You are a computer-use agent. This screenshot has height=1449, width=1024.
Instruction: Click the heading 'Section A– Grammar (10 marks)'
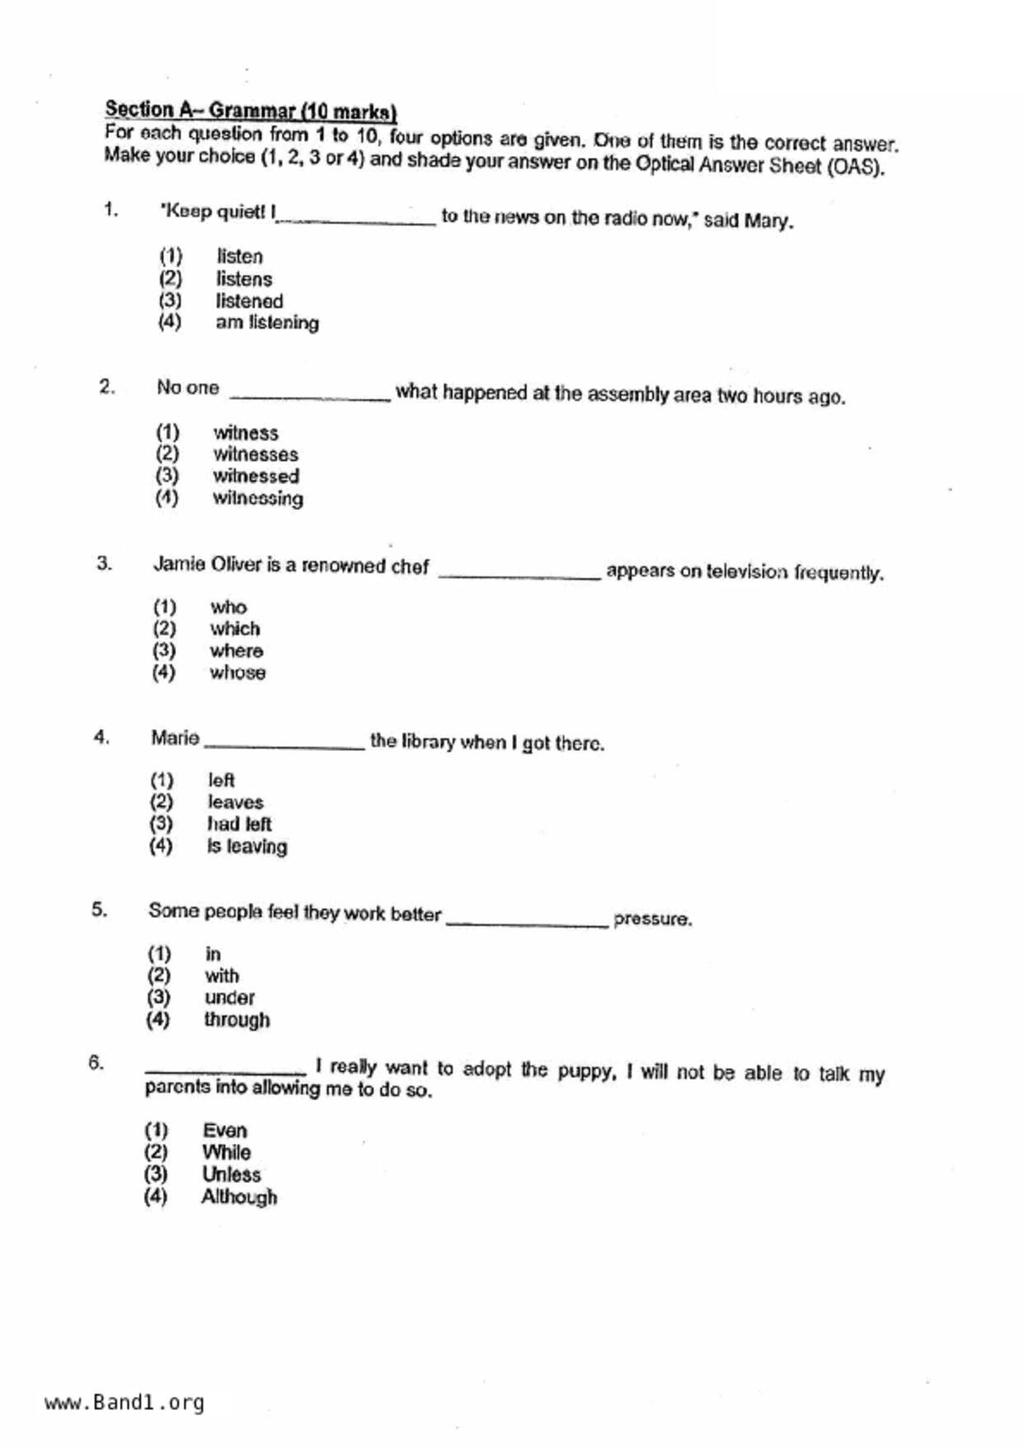(x=250, y=111)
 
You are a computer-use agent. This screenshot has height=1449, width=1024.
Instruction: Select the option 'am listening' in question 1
(x=267, y=323)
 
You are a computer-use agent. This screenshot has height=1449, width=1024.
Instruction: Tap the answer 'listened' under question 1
(x=249, y=302)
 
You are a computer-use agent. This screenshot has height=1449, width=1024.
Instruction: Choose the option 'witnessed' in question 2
(x=255, y=477)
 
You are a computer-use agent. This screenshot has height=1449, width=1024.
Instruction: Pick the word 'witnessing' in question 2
(x=257, y=499)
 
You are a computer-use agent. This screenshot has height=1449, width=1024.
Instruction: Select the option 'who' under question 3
(x=228, y=608)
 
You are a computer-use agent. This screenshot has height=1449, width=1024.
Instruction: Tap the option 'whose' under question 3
(x=237, y=673)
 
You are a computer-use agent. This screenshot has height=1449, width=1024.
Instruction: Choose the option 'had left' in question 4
(x=239, y=824)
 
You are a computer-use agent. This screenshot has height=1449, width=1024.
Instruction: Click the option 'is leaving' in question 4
(x=246, y=847)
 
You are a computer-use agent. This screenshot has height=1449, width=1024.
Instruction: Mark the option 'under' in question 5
(x=229, y=998)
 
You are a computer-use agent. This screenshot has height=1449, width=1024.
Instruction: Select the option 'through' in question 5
(x=236, y=1020)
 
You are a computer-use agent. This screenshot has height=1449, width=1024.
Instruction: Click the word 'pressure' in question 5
(x=651, y=919)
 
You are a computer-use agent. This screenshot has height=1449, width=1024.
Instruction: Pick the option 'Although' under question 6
(x=239, y=1197)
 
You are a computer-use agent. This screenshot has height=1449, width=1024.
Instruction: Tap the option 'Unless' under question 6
(x=231, y=1175)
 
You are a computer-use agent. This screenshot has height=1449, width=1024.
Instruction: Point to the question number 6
(x=97, y=1063)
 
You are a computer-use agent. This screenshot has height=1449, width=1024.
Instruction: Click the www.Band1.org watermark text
(x=124, y=1403)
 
